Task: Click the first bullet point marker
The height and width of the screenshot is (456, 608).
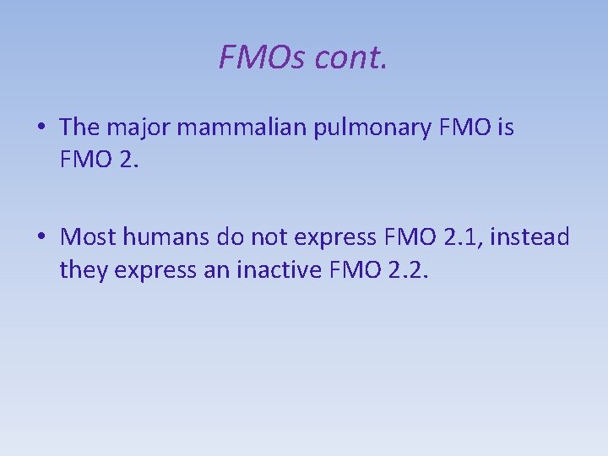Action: pyautogui.click(x=41, y=128)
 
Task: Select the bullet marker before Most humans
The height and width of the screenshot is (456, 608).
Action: pyautogui.click(x=41, y=236)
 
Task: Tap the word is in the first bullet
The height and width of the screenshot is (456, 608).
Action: pyautogui.click(x=505, y=128)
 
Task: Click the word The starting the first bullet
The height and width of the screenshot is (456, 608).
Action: pyautogui.click(x=80, y=128)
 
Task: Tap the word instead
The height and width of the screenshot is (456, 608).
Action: pyautogui.click(x=529, y=236)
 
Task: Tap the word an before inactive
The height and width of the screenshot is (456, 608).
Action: pyautogui.click(x=220, y=270)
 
